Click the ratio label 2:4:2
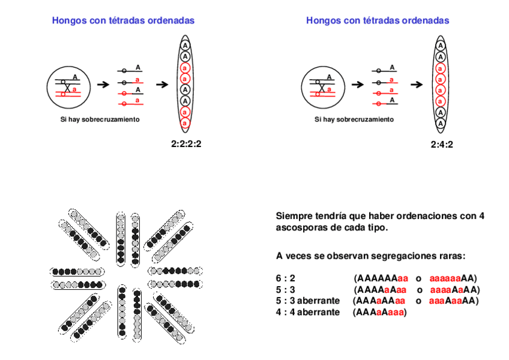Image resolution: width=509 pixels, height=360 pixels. [442, 144]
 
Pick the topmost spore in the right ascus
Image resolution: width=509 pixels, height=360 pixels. [441, 46]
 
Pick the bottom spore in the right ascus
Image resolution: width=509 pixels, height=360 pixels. [441, 124]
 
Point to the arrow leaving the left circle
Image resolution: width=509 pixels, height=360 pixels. [103, 85]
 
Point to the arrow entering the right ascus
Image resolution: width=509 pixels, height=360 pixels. [418, 85]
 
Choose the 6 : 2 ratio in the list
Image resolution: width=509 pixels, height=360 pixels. [286, 278]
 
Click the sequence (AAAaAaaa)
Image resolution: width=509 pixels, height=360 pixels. [379, 311]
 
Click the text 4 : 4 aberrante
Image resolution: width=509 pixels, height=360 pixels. [307, 311]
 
